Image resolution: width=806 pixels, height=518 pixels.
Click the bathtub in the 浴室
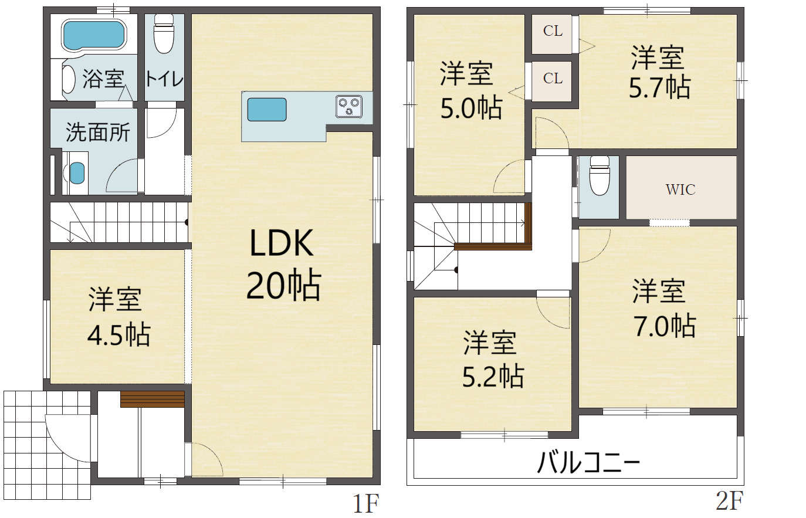tap(93, 35)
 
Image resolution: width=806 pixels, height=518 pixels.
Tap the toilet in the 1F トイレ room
tap(164, 34)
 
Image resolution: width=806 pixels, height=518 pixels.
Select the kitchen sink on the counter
tap(267, 109)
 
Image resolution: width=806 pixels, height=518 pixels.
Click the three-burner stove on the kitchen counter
tap(348, 106)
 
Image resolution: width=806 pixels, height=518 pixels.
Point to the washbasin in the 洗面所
tap(77, 173)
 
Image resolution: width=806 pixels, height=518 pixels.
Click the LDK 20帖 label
tap(283, 265)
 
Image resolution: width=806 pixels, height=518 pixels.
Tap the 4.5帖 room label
tap(118, 334)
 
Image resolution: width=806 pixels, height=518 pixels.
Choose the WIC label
tap(680, 189)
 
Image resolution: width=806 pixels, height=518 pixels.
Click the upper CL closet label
tap(553, 31)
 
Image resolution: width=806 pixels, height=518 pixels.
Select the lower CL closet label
tap(553, 78)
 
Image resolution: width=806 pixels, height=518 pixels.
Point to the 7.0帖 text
tap(664, 326)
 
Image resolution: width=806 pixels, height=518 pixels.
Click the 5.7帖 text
tap(659, 87)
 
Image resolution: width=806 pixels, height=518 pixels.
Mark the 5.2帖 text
tap(493, 376)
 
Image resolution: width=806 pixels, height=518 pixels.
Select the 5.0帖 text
tap(472, 108)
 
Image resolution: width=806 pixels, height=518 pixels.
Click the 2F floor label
tap(729, 501)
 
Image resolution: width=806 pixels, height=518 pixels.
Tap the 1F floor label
tap(365, 503)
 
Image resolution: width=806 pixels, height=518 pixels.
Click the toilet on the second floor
tap(600, 175)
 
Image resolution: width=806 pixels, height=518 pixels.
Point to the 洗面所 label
tap(97, 133)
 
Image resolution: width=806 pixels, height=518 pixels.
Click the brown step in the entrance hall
tap(152, 399)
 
